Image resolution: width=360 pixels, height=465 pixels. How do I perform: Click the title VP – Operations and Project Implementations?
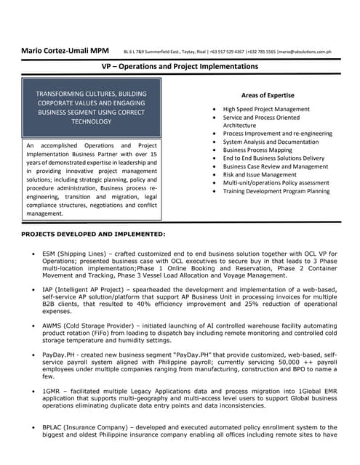pyautogui.click(x=180, y=67)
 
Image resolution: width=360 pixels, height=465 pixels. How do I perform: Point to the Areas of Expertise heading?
pyautogui.click(x=267, y=95)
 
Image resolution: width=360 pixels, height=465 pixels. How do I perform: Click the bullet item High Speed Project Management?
pyautogui.click(x=266, y=109)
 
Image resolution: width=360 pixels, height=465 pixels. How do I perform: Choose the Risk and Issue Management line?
pyautogui.click(x=260, y=174)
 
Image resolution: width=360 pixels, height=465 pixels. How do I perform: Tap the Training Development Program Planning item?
pyautogui.click(x=276, y=191)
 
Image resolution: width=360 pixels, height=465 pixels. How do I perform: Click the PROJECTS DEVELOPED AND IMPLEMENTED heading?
pyautogui.click(x=93, y=234)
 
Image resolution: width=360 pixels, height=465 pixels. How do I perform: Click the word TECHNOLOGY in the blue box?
pyautogui.click(x=91, y=122)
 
